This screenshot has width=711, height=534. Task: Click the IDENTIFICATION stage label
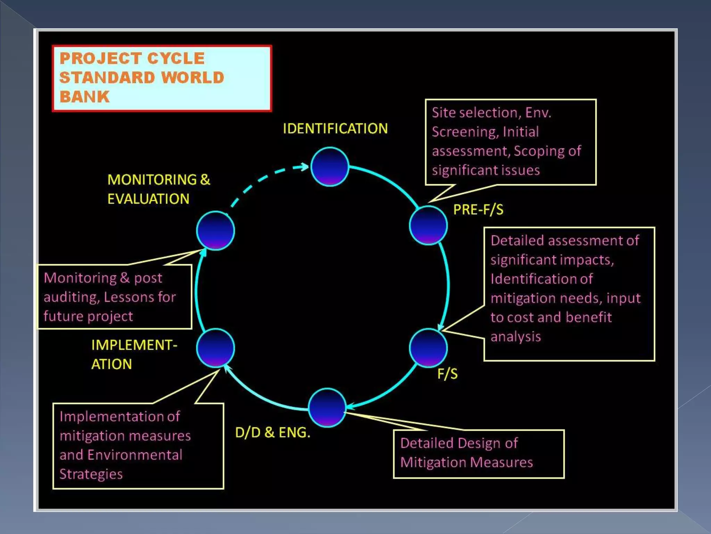click(x=335, y=129)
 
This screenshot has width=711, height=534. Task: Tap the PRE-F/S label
click(x=478, y=210)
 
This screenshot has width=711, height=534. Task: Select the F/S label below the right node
click(x=447, y=374)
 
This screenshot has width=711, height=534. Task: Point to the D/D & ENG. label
click(x=273, y=432)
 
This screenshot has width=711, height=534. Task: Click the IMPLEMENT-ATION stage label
click(x=134, y=355)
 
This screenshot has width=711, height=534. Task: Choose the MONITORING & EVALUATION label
click(x=159, y=189)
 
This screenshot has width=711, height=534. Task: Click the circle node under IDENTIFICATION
click(x=330, y=167)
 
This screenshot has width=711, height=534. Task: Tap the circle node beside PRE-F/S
click(x=428, y=225)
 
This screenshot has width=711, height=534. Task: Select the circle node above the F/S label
click(x=428, y=348)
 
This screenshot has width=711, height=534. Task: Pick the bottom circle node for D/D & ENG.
click(x=327, y=407)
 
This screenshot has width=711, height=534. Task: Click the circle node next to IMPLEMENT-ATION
click(x=216, y=348)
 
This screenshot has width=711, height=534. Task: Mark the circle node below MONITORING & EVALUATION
click(x=216, y=230)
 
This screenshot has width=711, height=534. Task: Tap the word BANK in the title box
click(x=84, y=97)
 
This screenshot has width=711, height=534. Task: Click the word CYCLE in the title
click(x=176, y=58)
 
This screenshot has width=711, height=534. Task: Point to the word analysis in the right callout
click(x=516, y=337)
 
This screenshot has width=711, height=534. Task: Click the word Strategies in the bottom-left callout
click(x=91, y=474)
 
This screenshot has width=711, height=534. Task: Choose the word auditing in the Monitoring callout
click(x=72, y=297)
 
